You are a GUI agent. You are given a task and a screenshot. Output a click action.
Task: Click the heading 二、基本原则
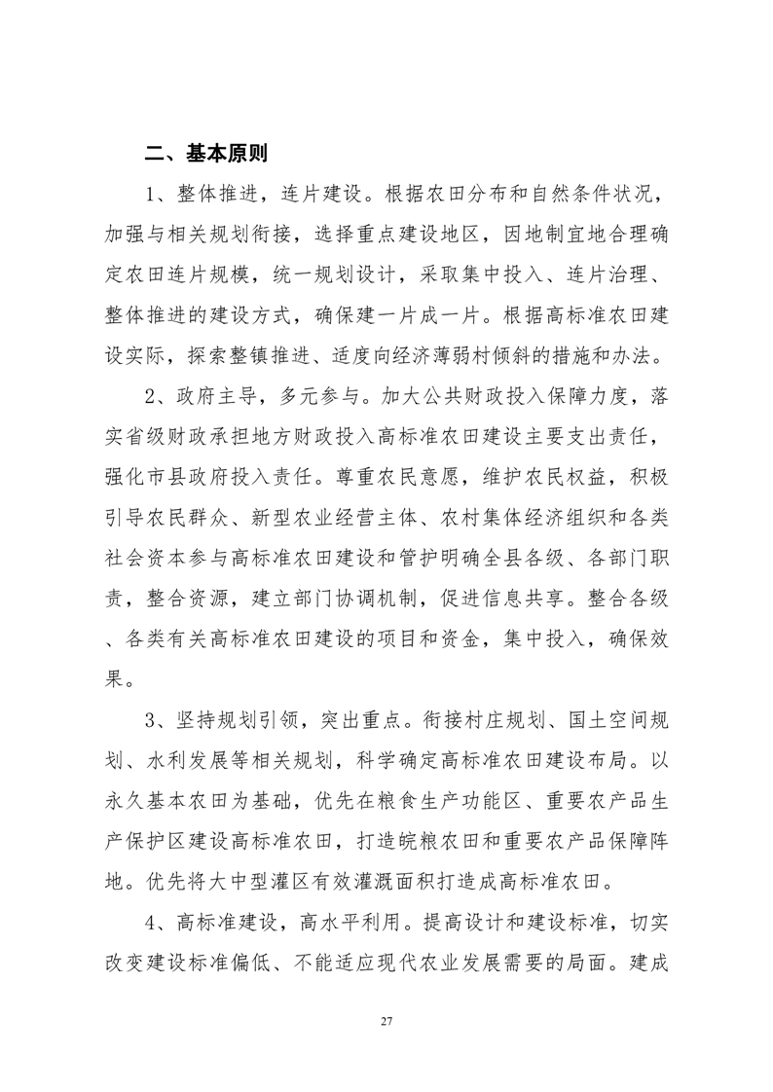click(x=206, y=153)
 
